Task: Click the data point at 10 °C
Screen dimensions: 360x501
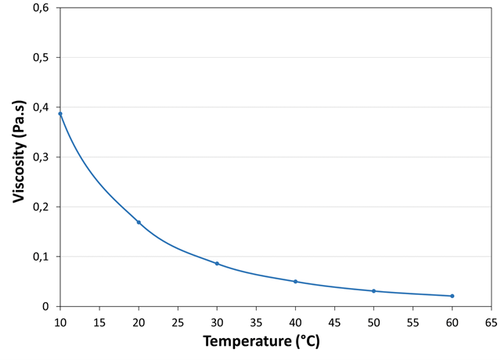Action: click(60, 113)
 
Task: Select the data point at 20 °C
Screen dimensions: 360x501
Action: click(139, 222)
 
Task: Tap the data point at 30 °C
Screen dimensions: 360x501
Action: click(217, 264)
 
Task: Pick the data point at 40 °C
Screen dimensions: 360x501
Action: click(295, 281)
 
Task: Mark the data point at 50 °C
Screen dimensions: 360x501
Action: click(373, 291)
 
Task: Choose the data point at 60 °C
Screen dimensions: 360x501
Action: click(452, 296)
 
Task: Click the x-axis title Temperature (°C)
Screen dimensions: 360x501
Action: click(261, 342)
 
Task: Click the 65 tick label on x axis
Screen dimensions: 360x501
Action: click(491, 321)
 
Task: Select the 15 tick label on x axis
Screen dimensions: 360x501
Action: click(99, 321)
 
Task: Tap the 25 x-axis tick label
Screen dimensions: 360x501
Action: click(178, 321)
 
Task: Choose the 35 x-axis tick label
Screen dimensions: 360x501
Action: click(256, 321)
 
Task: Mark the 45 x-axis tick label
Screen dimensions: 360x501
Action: click(334, 321)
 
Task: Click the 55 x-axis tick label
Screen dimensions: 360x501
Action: click(413, 321)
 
